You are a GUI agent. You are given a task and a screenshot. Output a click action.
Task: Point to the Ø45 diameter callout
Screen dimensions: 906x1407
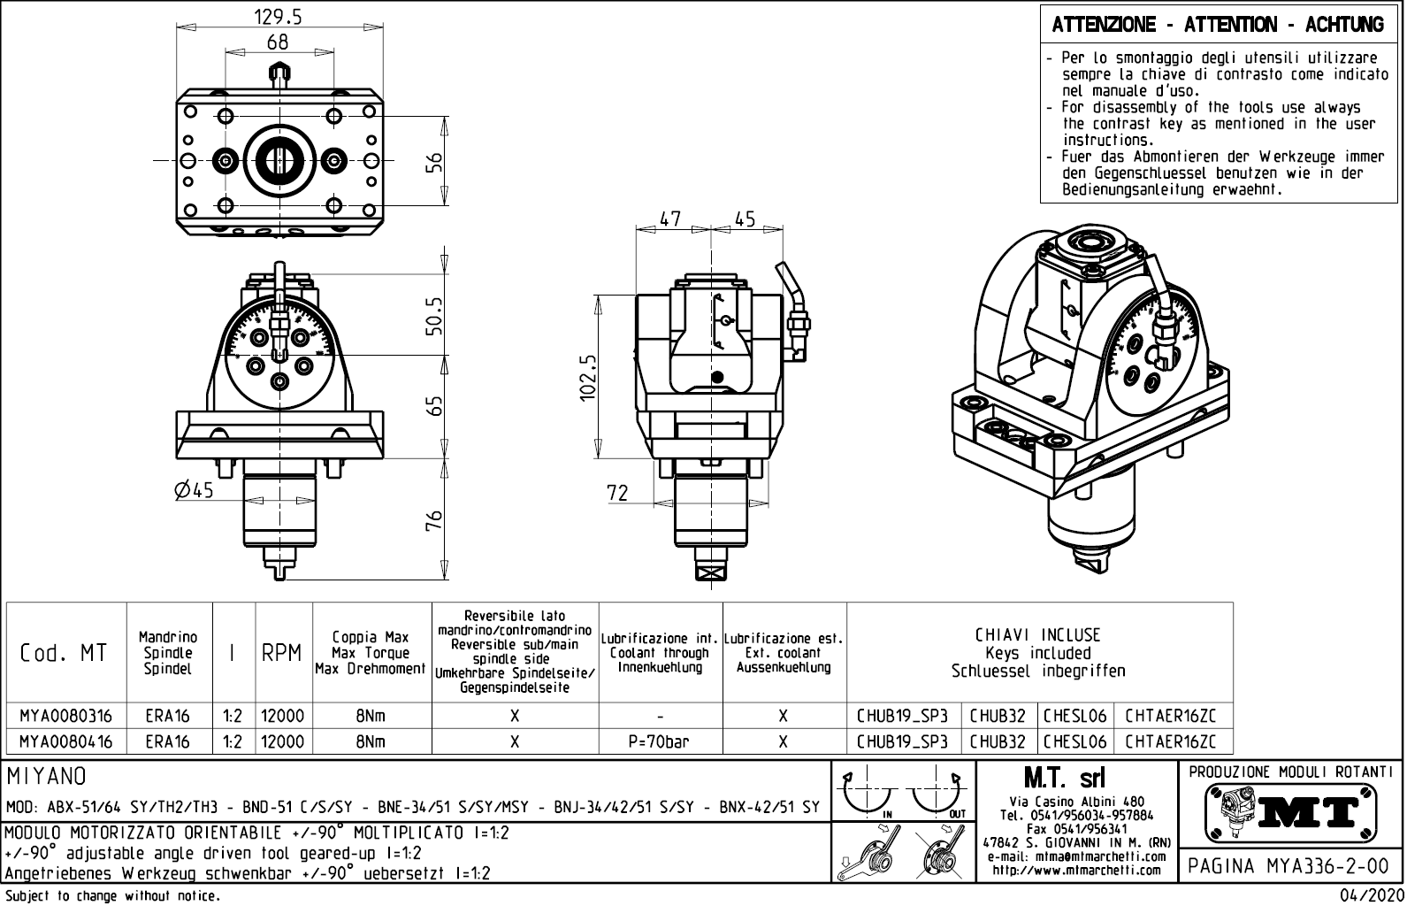coord(195,489)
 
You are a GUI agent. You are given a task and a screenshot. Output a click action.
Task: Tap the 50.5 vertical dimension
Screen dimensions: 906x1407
coord(433,316)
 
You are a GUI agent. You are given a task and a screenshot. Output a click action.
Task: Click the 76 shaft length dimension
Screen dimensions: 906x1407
coord(433,522)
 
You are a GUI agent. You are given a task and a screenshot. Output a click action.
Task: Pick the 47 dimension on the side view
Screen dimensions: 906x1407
coord(671,219)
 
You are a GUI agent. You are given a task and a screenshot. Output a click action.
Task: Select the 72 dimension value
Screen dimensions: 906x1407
coord(617,493)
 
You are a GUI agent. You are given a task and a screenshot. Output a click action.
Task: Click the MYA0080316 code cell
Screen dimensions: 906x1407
coord(66,716)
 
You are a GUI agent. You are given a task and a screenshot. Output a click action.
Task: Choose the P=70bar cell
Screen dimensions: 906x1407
coord(660,742)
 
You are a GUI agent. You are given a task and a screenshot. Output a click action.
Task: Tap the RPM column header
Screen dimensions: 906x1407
coord(283,653)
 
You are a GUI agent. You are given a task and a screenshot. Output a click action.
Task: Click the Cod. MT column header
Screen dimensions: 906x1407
coord(64,653)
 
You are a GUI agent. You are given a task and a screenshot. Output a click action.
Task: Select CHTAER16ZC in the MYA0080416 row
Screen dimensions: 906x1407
coord(1171,742)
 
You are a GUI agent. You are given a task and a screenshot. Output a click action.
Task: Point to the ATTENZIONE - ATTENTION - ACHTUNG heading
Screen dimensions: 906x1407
coord(1217,25)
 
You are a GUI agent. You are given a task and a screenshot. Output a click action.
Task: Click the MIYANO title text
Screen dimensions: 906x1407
coord(46,776)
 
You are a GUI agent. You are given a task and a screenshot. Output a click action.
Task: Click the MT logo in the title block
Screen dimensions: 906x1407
coord(1290,810)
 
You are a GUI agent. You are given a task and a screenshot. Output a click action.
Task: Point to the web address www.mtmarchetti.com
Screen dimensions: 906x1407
coord(1075,871)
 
